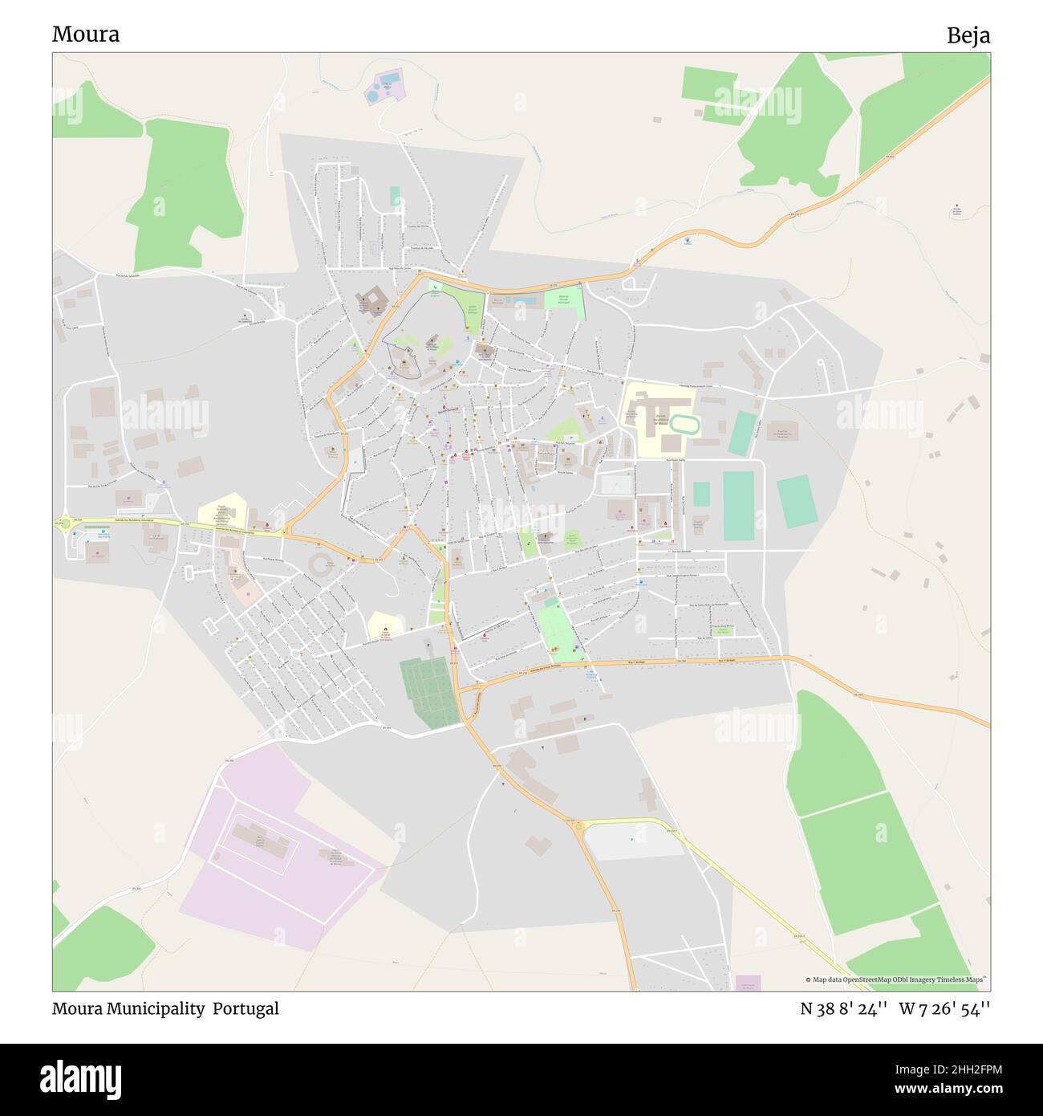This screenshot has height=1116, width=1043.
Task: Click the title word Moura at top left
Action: click(86, 35)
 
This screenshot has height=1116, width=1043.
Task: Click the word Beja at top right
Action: click(968, 35)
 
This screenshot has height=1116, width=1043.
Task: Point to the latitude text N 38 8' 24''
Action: click(843, 1008)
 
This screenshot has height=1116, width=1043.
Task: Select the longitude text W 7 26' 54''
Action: click(944, 1008)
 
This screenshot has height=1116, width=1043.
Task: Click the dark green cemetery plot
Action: click(425, 691)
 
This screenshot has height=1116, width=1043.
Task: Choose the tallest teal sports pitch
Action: click(738, 506)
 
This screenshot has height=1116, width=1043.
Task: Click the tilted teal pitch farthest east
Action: click(797, 501)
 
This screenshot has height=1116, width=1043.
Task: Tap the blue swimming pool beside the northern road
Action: click(522, 300)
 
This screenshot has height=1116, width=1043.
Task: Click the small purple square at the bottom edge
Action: click(748, 983)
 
